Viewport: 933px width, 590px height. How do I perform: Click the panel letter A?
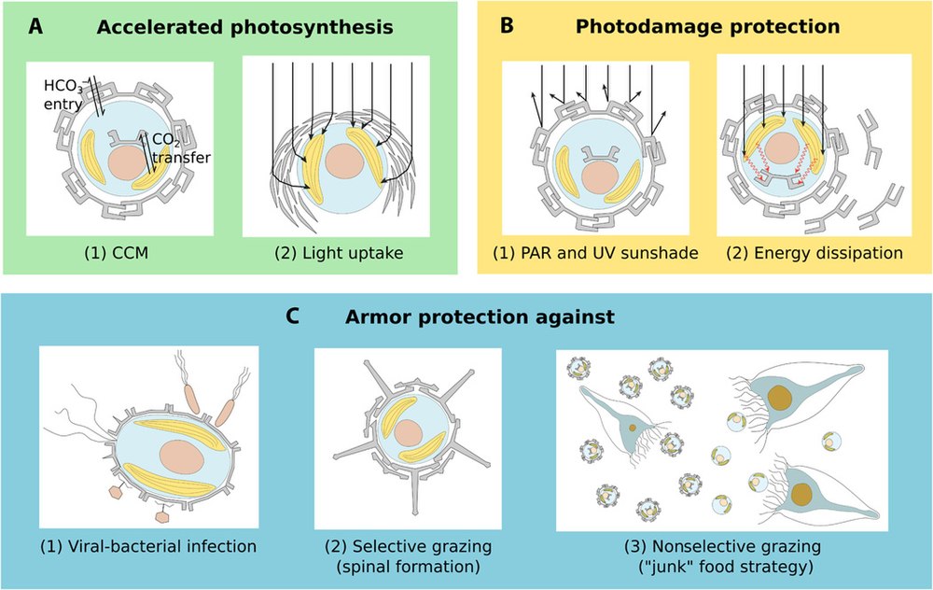tap(35, 26)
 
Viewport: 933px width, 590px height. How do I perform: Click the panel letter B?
tap(507, 26)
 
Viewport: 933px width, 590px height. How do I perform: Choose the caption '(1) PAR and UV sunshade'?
tap(595, 251)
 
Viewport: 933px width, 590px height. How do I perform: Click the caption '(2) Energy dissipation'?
tap(810, 251)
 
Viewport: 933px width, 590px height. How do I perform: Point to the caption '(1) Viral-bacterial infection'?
tap(146, 544)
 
